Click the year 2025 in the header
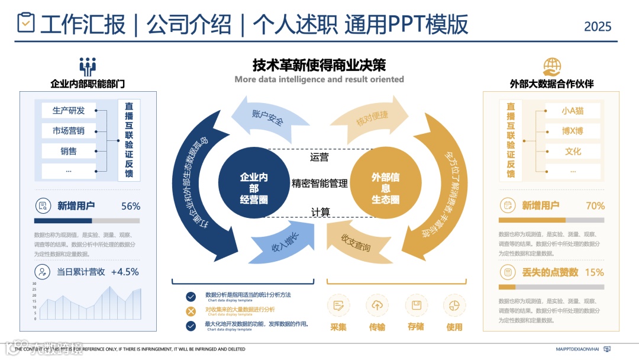pyautogui.click(x=598, y=27)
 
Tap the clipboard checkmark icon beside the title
pyautogui.click(x=25, y=23)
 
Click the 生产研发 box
pyautogui.click(x=69, y=110)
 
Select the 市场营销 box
pyautogui.click(x=69, y=131)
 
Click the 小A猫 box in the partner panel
pyautogui.click(x=572, y=110)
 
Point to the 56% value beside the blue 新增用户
pyautogui.click(x=131, y=206)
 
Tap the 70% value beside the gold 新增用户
pyautogui.click(x=595, y=206)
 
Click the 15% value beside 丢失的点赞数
pyautogui.click(x=594, y=272)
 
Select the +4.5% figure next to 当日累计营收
pyautogui.click(x=125, y=272)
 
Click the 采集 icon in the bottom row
pyautogui.click(x=338, y=306)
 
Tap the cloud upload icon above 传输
pyautogui.click(x=377, y=306)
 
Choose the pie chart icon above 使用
pyautogui.click(x=454, y=306)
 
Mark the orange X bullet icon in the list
pyautogui.click(x=191, y=311)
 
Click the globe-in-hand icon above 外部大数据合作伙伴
pyautogui.click(x=552, y=66)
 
